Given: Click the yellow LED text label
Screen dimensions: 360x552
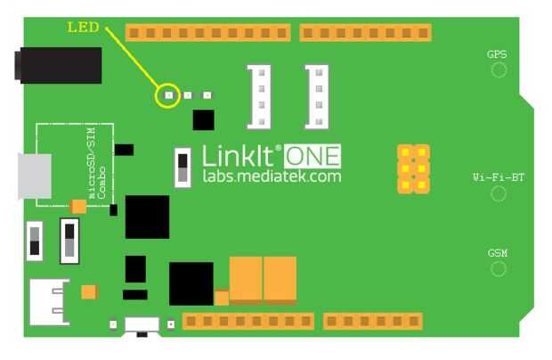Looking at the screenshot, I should click(83, 28).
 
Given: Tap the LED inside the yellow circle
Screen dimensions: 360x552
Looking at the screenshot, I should click(167, 94).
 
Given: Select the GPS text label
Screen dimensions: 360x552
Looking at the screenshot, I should click(497, 54).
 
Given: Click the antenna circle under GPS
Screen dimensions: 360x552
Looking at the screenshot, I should click(498, 70).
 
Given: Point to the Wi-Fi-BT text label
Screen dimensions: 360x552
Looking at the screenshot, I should click(498, 177).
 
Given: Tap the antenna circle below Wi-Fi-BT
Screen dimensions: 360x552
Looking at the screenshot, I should click(498, 193).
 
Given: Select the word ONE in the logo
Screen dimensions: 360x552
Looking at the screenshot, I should click(312, 157).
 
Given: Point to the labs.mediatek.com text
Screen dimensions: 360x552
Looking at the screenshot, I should click(271, 177).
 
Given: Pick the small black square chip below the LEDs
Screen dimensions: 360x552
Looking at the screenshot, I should click(204, 119).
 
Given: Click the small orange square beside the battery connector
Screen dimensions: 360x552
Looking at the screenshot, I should click(89, 291).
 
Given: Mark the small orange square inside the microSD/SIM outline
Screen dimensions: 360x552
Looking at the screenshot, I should click(78, 207).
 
